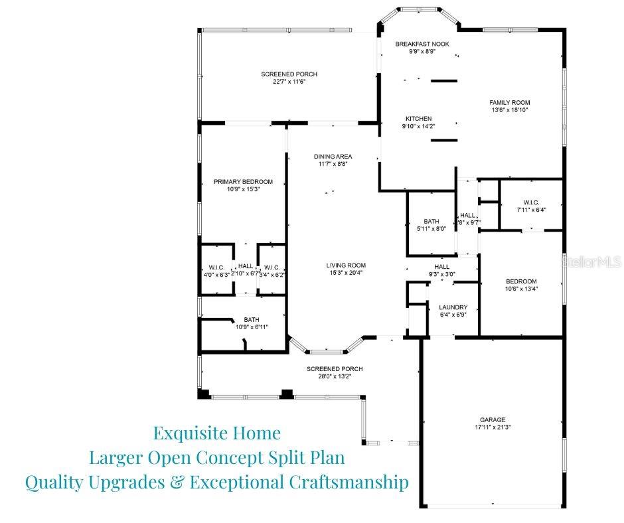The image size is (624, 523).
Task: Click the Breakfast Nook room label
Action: pyautogui.click(x=422, y=44)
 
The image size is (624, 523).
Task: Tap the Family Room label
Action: pyautogui.click(x=509, y=102)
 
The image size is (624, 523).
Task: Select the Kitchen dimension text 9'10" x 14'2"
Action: pyautogui.click(x=418, y=126)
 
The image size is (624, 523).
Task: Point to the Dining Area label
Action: pyautogui.click(x=333, y=157)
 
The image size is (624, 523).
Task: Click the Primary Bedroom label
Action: pyautogui.click(x=243, y=181)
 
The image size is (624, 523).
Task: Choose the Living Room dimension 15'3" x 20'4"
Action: pyautogui.click(x=346, y=273)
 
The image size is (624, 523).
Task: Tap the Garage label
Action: pyautogui.click(x=493, y=419)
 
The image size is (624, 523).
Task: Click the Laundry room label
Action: pyautogui.click(x=453, y=307)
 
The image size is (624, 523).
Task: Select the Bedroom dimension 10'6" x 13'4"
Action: pyautogui.click(x=521, y=289)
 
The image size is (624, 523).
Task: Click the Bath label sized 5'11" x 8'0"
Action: pyautogui.click(x=431, y=221)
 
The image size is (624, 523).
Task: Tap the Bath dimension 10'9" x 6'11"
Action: pyautogui.click(x=252, y=327)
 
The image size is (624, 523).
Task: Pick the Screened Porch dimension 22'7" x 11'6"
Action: pyautogui.click(x=289, y=82)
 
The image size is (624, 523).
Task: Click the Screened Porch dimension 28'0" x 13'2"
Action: pyautogui.click(x=335, y=376)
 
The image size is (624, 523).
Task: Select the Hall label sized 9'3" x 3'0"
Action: pyautogui.click(x=441, y=267)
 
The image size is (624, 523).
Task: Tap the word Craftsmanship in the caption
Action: pyautogui.click(x=349, y=483)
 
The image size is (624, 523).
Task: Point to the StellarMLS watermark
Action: pyautogui.click(x=591, y=262)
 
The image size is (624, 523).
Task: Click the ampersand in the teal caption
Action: pyautogui.click(x=177, y=483)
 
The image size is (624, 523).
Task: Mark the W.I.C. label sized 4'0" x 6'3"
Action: pyautogui.click(x=216, y=267)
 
